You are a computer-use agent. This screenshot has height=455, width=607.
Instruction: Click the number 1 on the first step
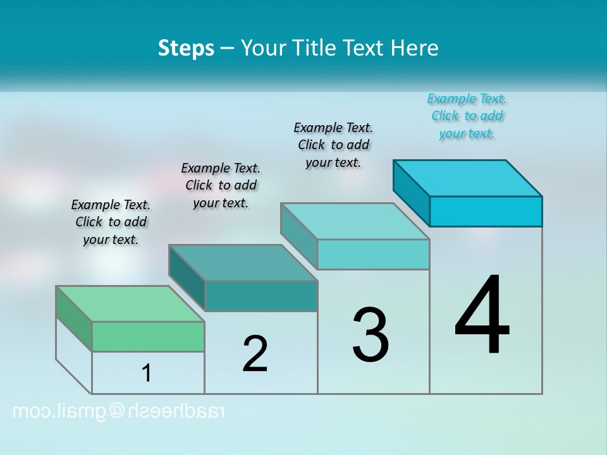click(147, 373)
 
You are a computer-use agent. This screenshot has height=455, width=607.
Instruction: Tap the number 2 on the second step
click(255, 354)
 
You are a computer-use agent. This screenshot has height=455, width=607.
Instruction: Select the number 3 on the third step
click(371, 335)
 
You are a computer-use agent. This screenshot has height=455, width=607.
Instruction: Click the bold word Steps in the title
click(186, 48)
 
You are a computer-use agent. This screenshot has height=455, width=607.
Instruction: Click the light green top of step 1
click(130, 304)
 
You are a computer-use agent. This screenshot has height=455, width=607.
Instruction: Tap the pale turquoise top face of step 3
click(355, 221)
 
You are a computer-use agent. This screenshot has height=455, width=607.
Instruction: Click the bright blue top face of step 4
click(467, 178)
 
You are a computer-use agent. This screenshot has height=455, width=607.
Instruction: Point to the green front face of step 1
click(148, 336)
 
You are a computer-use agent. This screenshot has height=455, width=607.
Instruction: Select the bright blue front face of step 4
click(486, 211)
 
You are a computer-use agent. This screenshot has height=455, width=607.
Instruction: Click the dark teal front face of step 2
click(261, 296)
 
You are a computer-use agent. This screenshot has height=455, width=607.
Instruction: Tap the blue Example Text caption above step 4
click(467, 116)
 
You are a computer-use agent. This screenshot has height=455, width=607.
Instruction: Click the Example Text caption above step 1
click(111, 222)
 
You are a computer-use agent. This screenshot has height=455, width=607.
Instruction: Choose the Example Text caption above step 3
click(333, 145)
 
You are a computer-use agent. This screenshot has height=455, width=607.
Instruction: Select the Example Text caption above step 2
click(221, 185)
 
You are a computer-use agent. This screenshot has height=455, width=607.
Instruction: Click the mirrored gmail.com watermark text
click(119, 411)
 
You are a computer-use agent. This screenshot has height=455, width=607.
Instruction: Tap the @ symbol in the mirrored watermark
click(118, 411)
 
